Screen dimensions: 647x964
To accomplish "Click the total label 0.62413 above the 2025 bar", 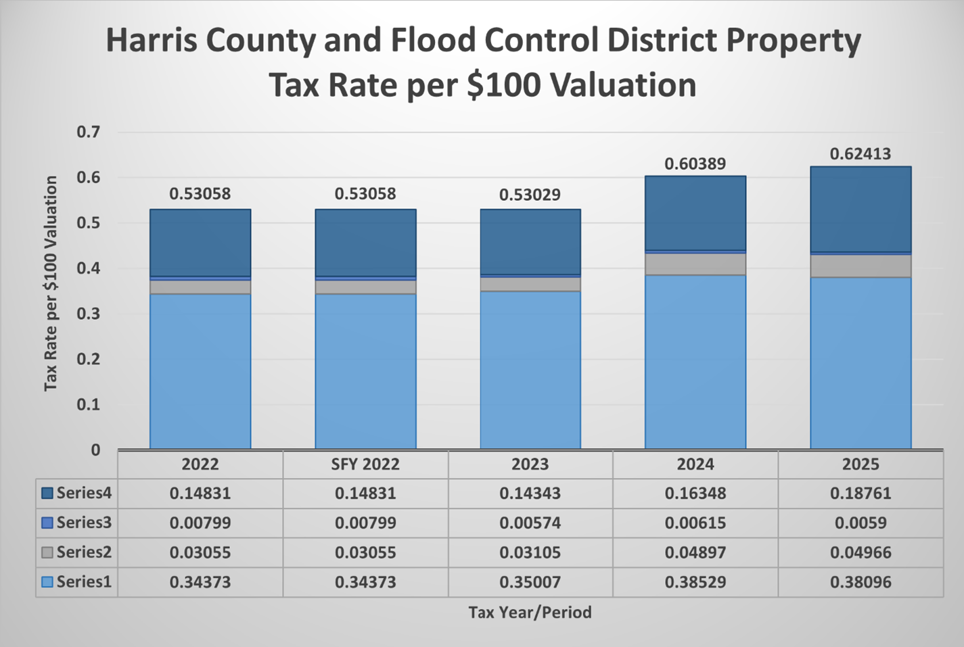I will pyautogui.click(x=860, y=154).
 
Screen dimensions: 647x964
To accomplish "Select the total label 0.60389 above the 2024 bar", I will pyautogui.click(x=695, y=164).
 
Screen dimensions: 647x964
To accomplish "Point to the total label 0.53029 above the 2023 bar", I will pyautogui.click(x=530, y=195).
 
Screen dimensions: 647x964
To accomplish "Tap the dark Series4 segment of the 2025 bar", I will pyautogui.click(x=860, y=209).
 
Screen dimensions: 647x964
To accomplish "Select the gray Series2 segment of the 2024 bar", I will pyautogui.click(x=695, y=264).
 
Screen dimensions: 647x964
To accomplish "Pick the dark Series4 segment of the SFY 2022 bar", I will pyautogui.click(x=365, y=242).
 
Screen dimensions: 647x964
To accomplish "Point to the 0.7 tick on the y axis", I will pyautogui.click(x=88, y=132).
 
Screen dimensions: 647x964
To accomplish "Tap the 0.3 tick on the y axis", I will pyautogui.click(x=88, y=314).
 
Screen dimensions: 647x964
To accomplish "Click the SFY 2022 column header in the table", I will pyautogui.click(x=365, y=464).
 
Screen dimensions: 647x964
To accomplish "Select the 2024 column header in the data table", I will pyautogui.click(x=695, y=464).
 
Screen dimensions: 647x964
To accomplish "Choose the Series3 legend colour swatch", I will pyautogui.click(x=47, y=523).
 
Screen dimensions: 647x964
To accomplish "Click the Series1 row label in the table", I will pyautogui.click(x=84, y=582).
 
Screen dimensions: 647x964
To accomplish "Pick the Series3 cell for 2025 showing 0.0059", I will pyautogui.click(x=860, y=523).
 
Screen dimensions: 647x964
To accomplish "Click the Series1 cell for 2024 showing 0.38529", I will pyautogui.click(x=695, y=582).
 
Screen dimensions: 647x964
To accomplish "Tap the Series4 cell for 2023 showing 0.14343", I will pyautogui.click(x=530, y=494).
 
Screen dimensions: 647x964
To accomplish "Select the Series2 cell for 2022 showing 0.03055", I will pyautogui.click(x=200, y=552).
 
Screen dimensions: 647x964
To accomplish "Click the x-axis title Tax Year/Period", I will pyautogui.click(x=530, y=613).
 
